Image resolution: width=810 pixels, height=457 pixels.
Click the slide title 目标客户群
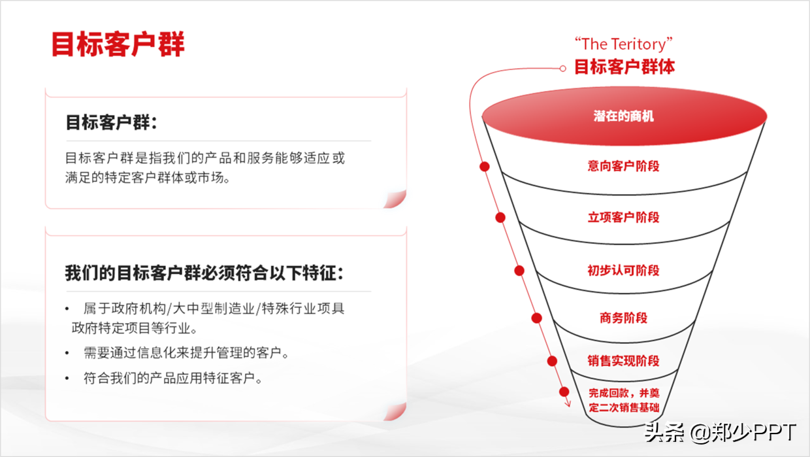118,44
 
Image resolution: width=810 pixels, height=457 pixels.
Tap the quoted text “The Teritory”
624,44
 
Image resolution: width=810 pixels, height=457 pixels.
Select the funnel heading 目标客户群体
624,67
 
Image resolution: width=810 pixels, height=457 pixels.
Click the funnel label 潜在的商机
624,116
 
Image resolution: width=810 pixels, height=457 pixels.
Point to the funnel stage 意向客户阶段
624,166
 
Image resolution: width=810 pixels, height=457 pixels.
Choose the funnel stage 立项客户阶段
624,218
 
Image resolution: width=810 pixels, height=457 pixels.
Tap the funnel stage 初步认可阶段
624,270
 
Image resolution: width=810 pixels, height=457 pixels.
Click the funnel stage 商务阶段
624,318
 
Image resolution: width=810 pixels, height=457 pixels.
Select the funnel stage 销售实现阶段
624,361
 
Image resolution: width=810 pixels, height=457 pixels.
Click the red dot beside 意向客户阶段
485,167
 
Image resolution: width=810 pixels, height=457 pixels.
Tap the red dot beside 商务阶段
537,318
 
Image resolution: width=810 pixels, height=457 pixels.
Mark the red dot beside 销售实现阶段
552,361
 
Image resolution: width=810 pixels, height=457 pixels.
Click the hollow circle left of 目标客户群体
563,68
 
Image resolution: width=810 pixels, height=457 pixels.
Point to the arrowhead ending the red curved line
568,404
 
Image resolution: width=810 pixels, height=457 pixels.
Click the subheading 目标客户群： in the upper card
112,122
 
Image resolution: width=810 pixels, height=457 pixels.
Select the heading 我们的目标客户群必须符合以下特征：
204,273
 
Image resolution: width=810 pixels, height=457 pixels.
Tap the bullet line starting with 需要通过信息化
186,353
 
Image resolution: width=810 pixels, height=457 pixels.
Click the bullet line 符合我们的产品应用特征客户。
173,378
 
